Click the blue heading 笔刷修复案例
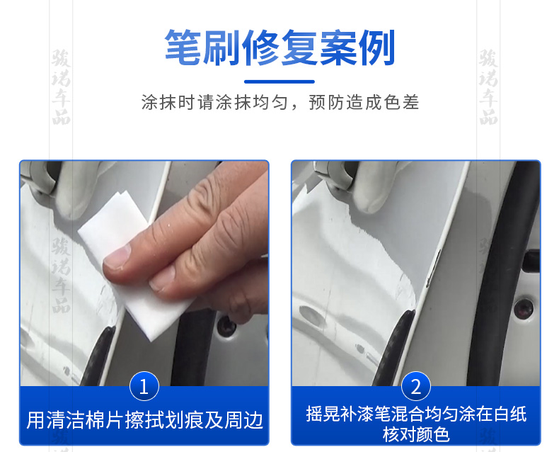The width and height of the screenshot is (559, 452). click(279, 47)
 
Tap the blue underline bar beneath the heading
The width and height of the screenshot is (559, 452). click(279, 81)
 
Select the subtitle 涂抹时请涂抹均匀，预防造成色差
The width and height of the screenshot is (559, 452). click(280, 103)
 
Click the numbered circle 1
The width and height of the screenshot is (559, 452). click(144, 386)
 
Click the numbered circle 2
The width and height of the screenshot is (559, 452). click(415, 386)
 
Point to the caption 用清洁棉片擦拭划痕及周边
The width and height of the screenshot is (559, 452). click(145, 420)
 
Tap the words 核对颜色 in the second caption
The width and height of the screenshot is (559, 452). click(415, 434)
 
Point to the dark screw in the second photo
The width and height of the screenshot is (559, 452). click(524, 309)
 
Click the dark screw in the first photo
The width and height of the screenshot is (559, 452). click(226, 326)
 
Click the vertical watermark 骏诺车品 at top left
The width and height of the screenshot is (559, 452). click(61, 87)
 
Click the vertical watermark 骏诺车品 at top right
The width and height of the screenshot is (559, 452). click(488, 87)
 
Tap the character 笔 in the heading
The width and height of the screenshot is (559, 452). click(183, 47)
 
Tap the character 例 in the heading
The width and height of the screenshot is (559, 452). click(377, 47)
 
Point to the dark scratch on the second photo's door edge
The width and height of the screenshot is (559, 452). click(434, 268)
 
